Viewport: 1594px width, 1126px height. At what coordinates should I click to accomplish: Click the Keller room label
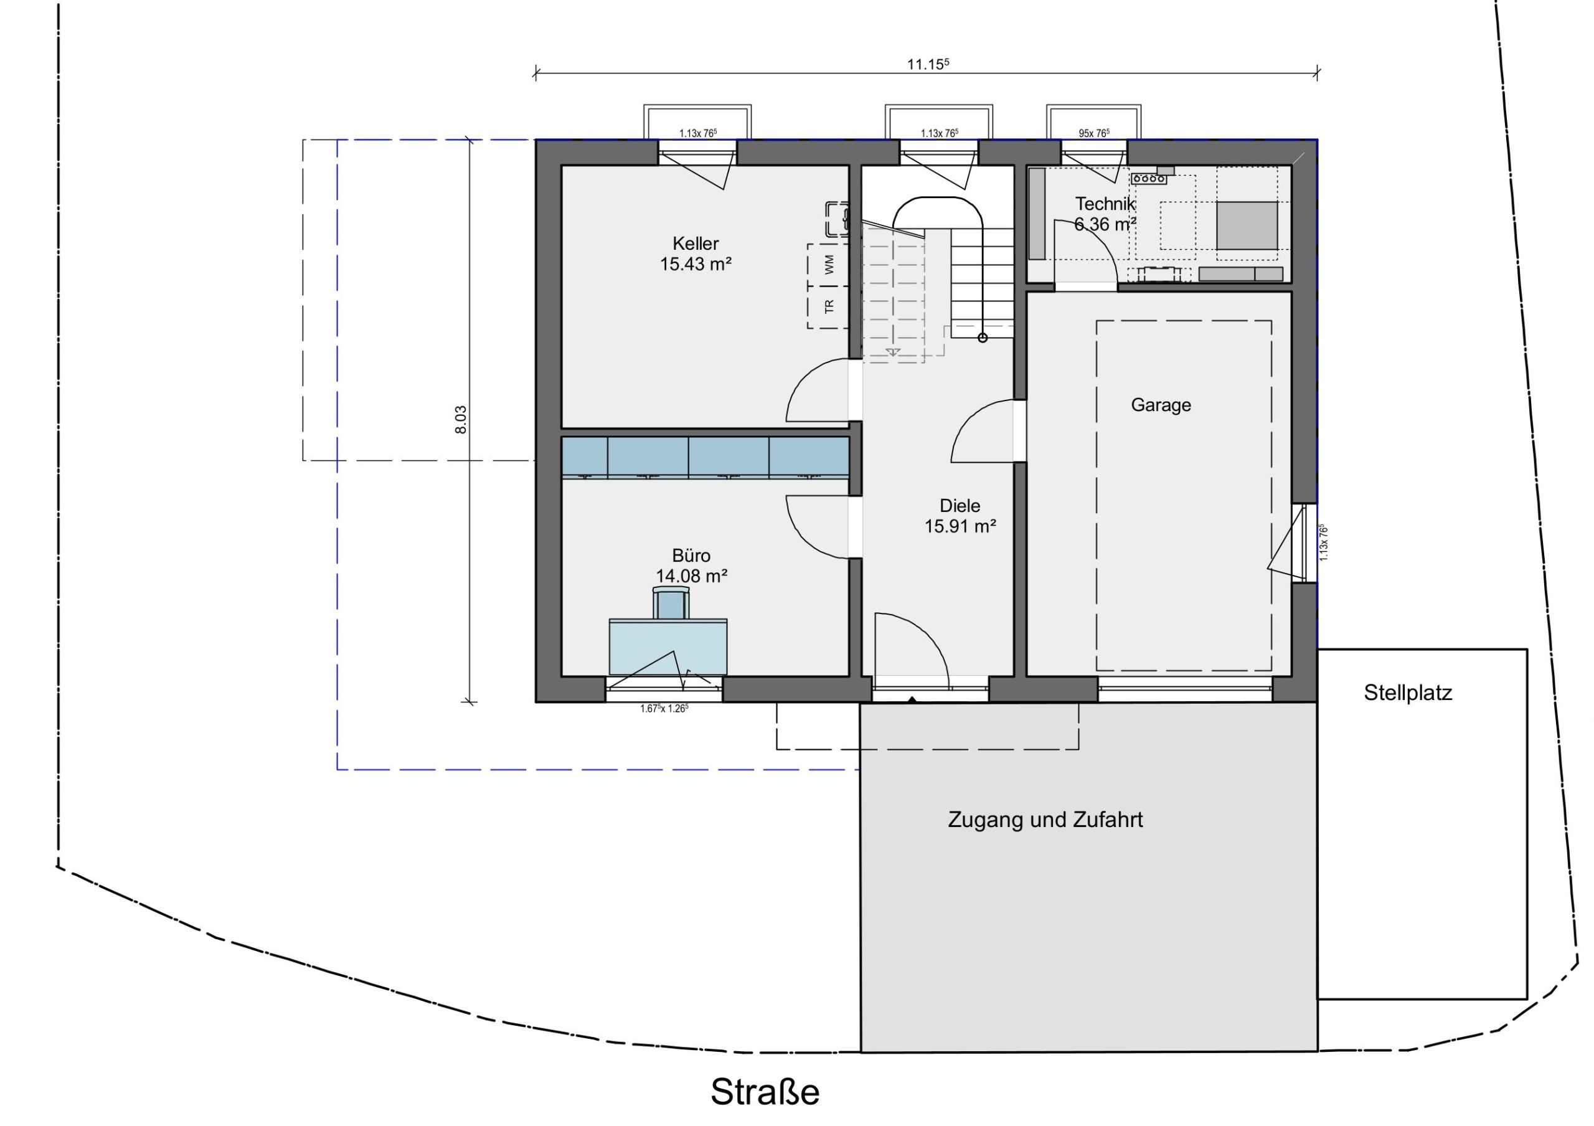[x=696, y=244]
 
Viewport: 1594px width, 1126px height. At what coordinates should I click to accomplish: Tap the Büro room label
[x=692, y=556]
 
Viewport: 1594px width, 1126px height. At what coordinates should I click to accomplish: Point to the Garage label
[x=1161, y=405]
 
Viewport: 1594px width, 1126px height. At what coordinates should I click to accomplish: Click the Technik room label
[x=1105, y=204]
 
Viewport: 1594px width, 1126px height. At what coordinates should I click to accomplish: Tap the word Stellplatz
[x=1408, y=693]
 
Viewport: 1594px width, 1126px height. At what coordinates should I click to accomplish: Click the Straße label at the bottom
[x=765, y=1092]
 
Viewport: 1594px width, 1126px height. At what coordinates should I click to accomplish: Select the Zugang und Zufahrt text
[x=1045, y=820]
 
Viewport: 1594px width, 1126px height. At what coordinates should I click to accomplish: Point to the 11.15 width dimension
[x=928, y=64]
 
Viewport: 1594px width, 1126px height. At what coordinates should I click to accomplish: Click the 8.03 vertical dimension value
[x=460, y=420]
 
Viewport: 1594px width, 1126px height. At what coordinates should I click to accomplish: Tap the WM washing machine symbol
[x=828, y=265]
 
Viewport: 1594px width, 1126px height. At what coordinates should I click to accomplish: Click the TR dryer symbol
[x=828, y=307]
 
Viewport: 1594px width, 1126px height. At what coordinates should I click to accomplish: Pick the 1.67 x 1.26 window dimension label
[x=664, y=709]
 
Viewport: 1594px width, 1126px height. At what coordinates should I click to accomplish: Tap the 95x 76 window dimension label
[x=1093, y=133]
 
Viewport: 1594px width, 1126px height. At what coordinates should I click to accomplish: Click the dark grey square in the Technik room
[x=1247, y=225]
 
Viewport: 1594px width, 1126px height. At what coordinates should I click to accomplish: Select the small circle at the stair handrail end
[x=983, y=338]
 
